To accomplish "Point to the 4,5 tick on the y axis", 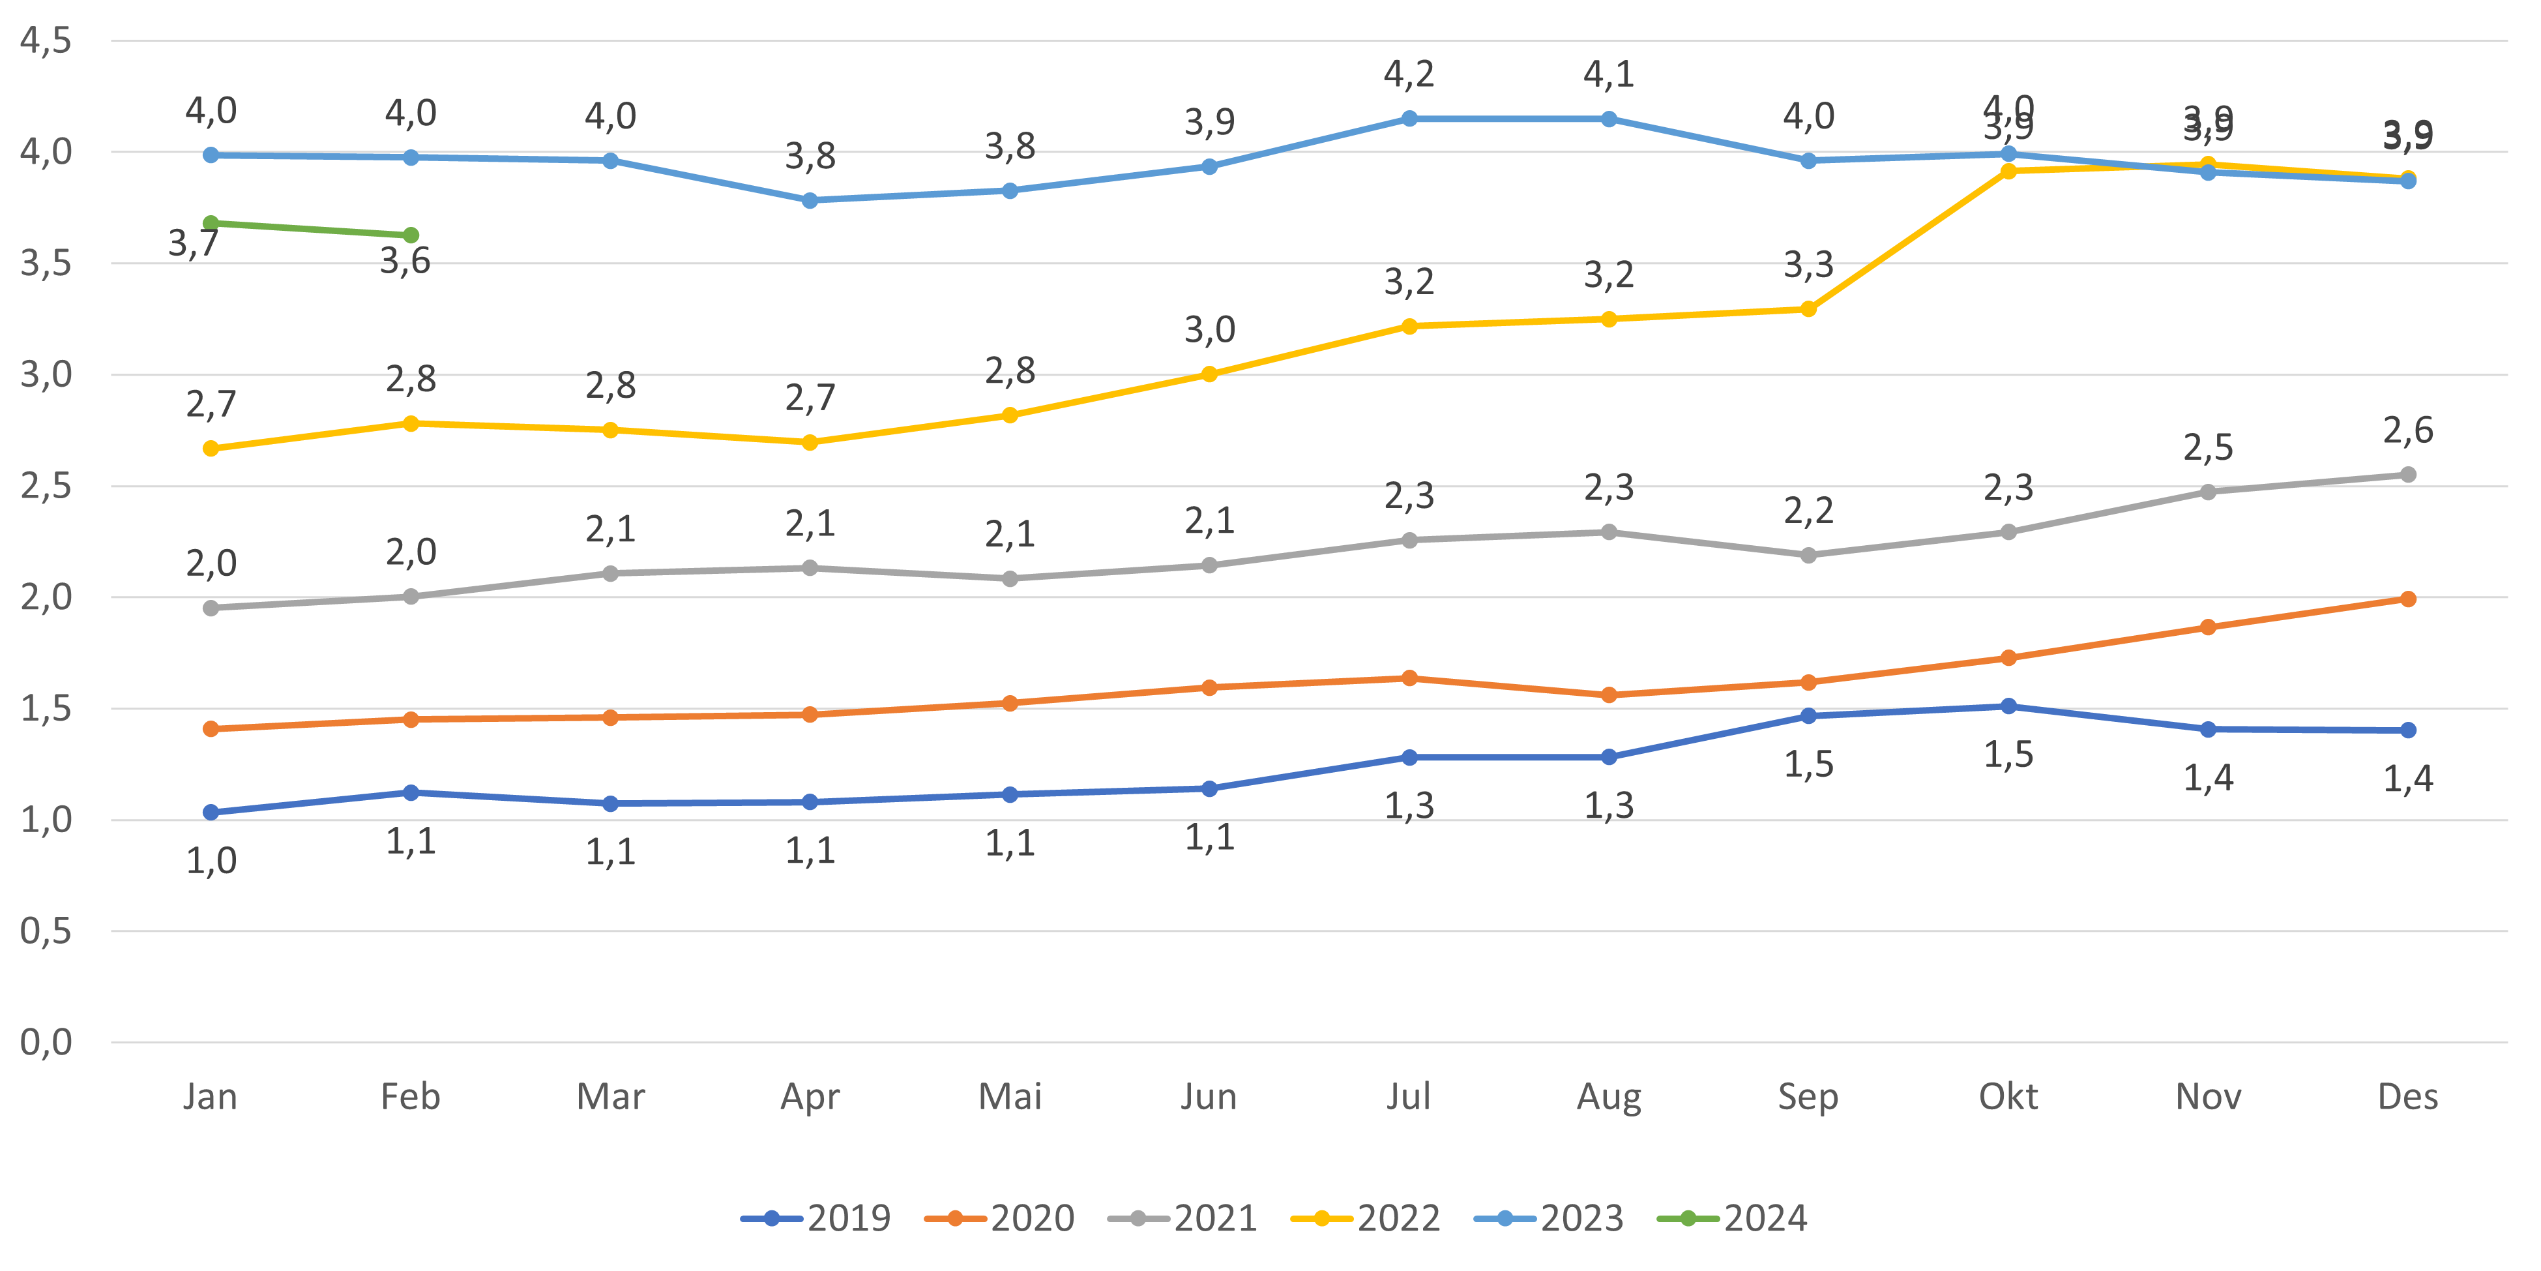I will tap(46, 42).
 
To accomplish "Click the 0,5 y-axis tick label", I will tap(46, 931).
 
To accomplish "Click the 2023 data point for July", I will tap(1409, 119).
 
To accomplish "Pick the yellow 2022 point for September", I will tap(1808, 309).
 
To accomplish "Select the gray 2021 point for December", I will tap(2408, 475).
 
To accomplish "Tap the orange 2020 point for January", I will tap(210, 728).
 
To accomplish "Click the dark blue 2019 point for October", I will tap(2008, 706).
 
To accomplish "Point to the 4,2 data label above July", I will tap(1409, 74).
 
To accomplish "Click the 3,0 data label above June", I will tap(1209, 329).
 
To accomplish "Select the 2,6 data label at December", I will tap(2408, 430).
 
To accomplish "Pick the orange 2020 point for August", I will tap(1609, 695).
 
